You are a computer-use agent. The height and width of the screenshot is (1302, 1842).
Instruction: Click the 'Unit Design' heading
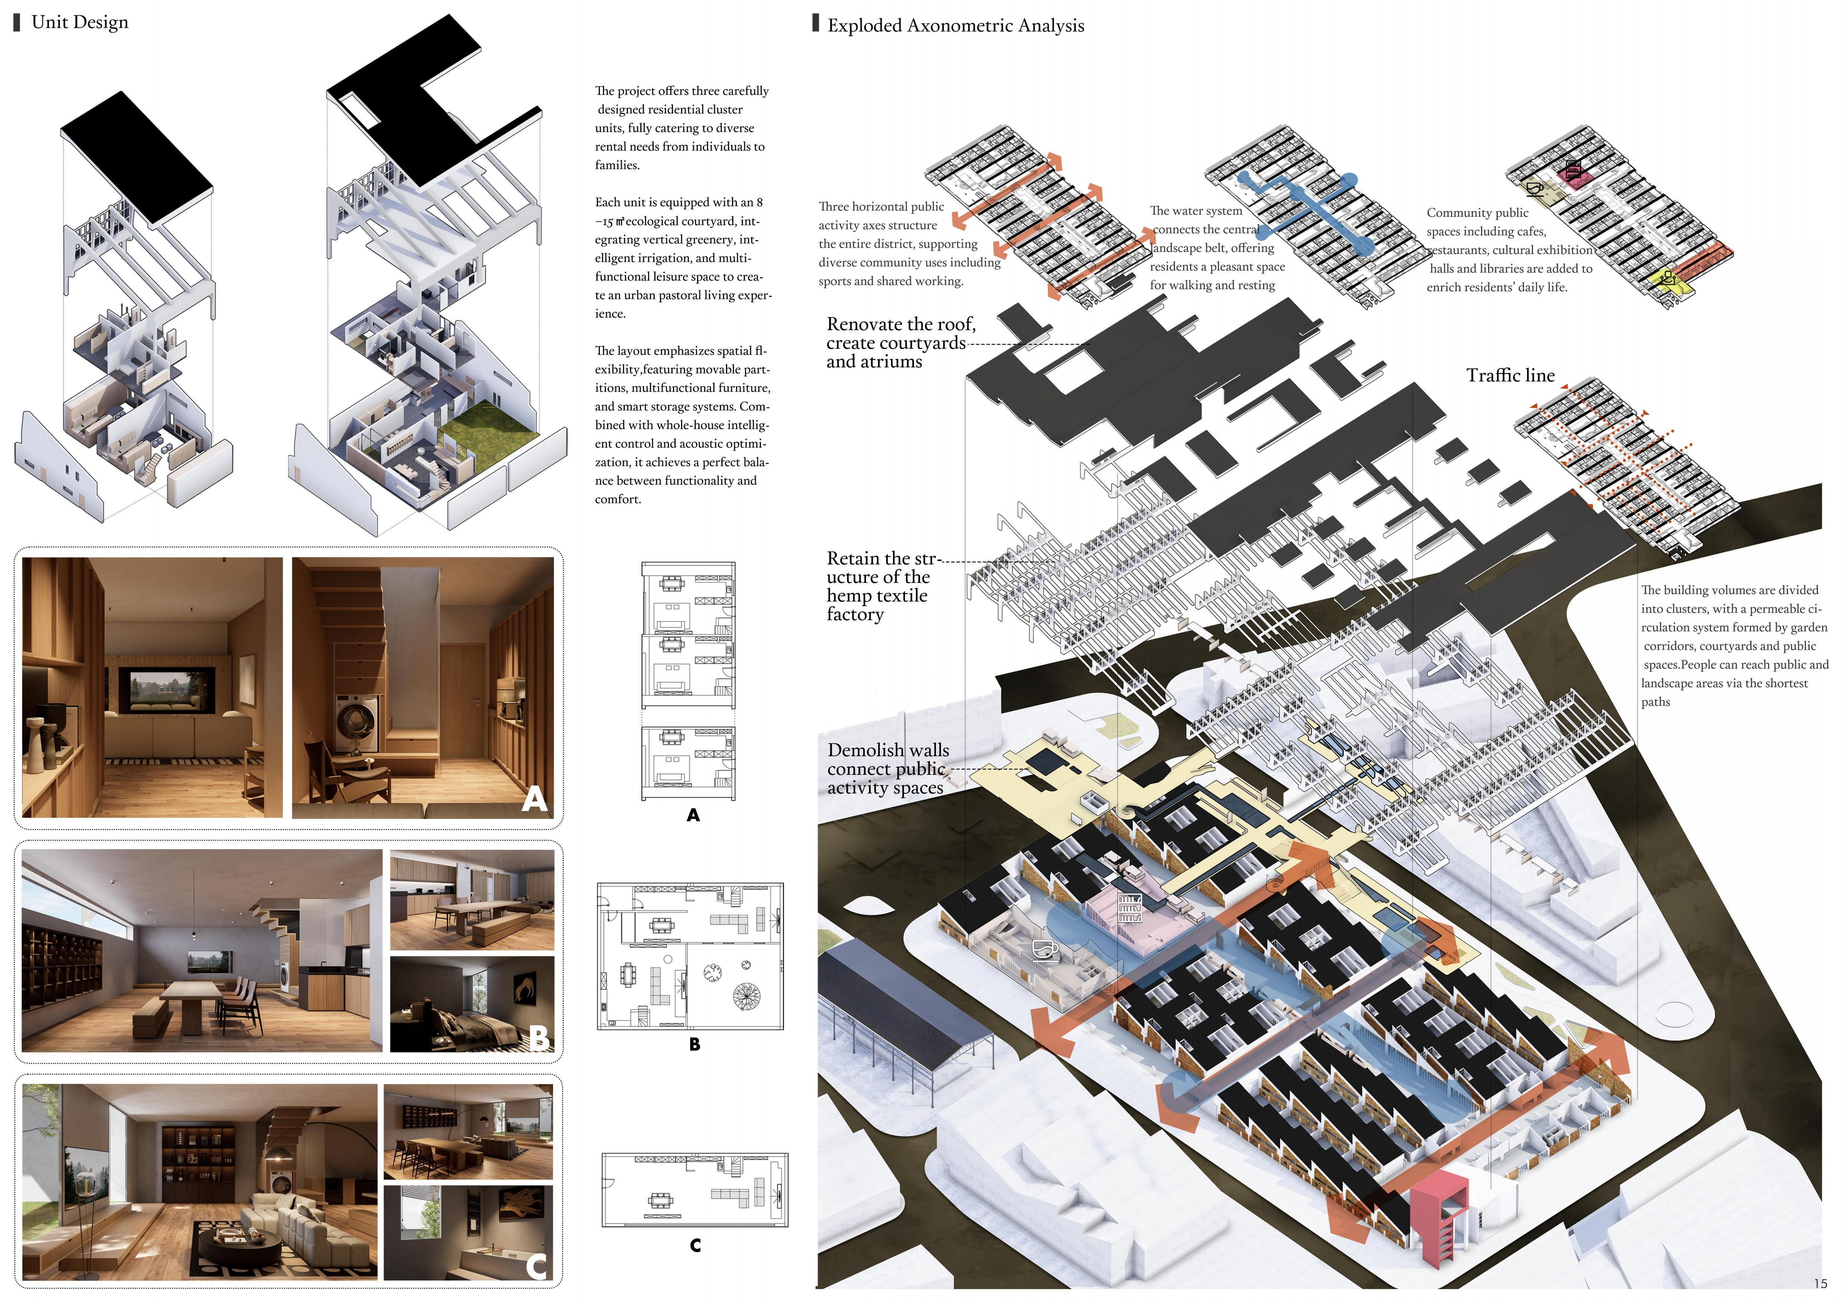pyautogui.click(x=79, y=23)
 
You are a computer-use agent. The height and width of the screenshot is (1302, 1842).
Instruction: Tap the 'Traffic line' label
pyautogui.click(x=1510, y=375)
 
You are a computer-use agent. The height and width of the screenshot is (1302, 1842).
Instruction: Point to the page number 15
pyautogui.click(x=1820, y=1283)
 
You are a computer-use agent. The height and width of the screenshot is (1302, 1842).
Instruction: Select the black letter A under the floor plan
pyautogui.click(x=693, y=815)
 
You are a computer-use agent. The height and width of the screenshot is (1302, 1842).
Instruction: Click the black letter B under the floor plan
pyautogui.click(x=695, y=1044)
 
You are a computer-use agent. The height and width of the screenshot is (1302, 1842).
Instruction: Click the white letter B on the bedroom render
pyautogui.click(x=540, y=1038)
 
